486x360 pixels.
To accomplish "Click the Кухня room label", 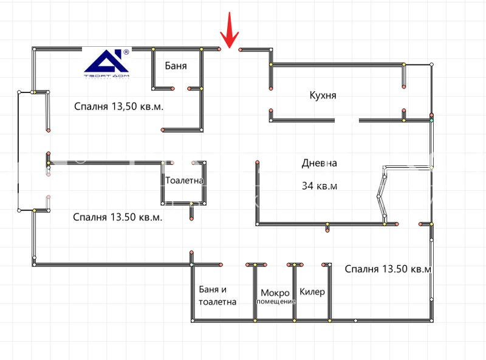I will coord(323,95).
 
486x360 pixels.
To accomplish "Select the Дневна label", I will coord(319,163).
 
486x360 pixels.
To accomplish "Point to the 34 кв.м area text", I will coord(319,186).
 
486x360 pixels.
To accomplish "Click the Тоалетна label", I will coord(184,181).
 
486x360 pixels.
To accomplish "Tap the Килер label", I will coord(312,292).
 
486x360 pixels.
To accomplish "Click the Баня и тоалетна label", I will coord(217,296).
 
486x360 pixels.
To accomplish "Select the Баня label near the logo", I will coord(176,66).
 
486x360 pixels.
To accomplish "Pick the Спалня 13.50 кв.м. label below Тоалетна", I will coord(117,217).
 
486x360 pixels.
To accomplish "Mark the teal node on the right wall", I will coord(432,120).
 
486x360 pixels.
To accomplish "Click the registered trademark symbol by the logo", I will coord(126,53).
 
